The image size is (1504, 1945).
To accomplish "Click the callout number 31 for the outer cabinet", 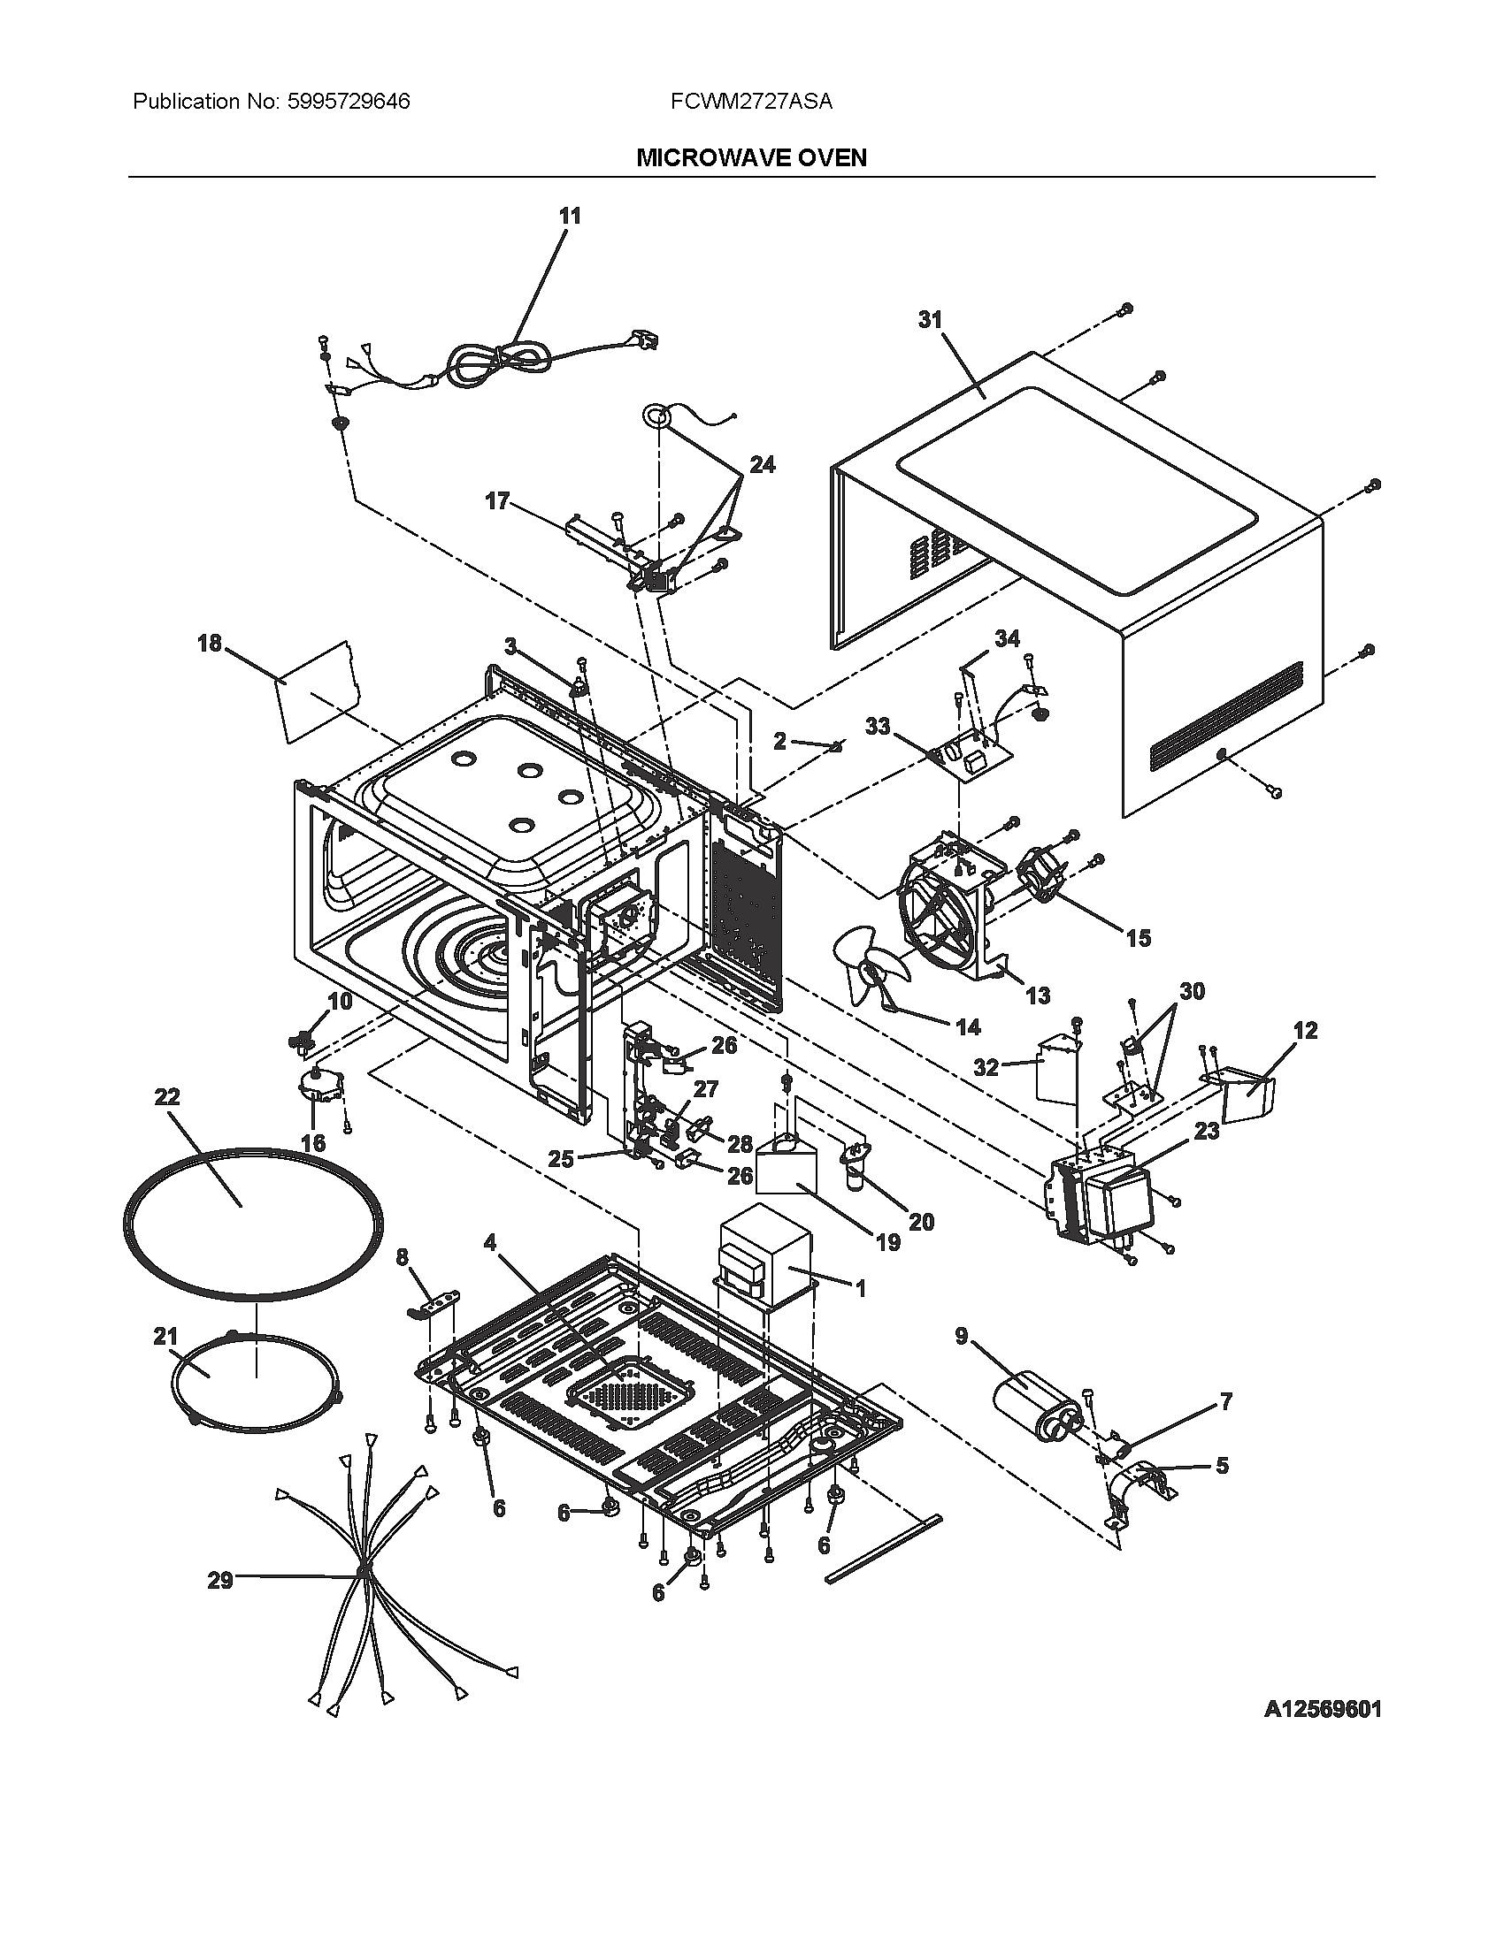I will (x=930, y=320).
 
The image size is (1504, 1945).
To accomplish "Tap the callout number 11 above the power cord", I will (x=570, y=216).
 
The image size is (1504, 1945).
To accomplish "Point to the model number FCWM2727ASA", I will (x=751, y=102).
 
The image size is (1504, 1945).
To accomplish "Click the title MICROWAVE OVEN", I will (x=751, y=157).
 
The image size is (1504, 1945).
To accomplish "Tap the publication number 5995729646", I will (x=349, y=102).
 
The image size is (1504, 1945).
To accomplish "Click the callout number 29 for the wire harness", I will (x=219, y=1580).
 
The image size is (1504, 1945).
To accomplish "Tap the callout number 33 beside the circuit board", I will (x=878, y=727).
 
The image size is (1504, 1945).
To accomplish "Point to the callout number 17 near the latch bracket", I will (x=497, y=501).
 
